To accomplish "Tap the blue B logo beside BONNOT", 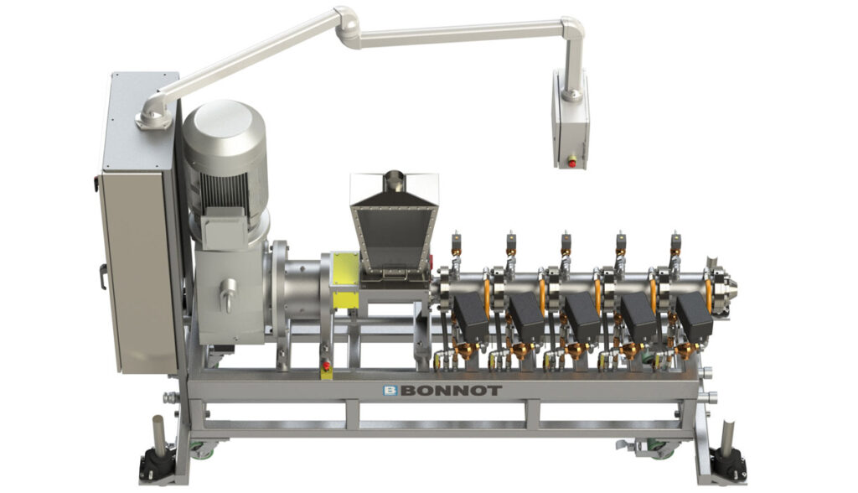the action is (x=390, y=391).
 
